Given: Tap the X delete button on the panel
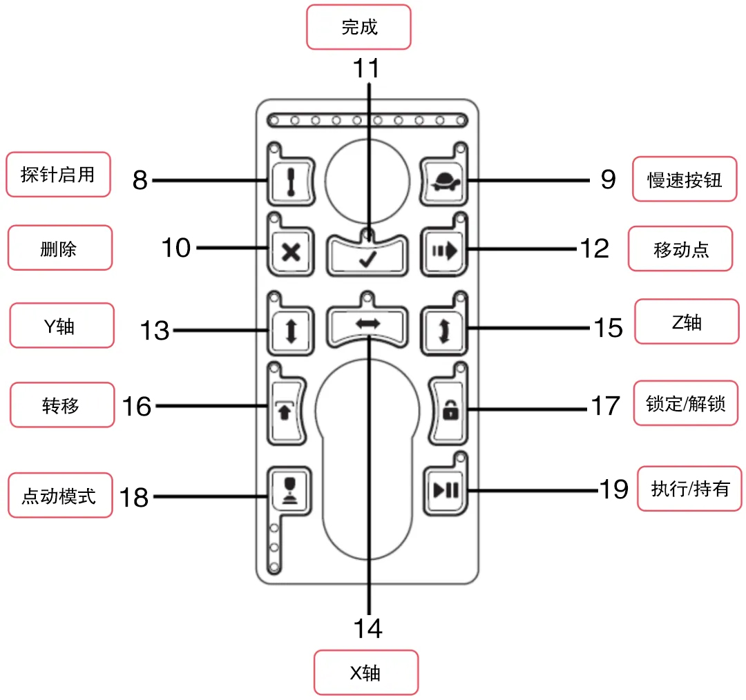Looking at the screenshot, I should tap(291, 252).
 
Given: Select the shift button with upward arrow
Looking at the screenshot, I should tap(285, 410).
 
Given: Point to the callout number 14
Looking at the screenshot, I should tap(367, 628).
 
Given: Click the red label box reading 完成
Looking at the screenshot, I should tap(359, 28).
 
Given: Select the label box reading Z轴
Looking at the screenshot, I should tap(686, 321).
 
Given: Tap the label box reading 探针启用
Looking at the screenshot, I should tap(58, 175).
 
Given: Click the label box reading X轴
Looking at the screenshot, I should tap(366, 672).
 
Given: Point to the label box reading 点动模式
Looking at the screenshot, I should tap(59, 496).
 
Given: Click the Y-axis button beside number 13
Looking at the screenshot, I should tap(291, 329).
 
